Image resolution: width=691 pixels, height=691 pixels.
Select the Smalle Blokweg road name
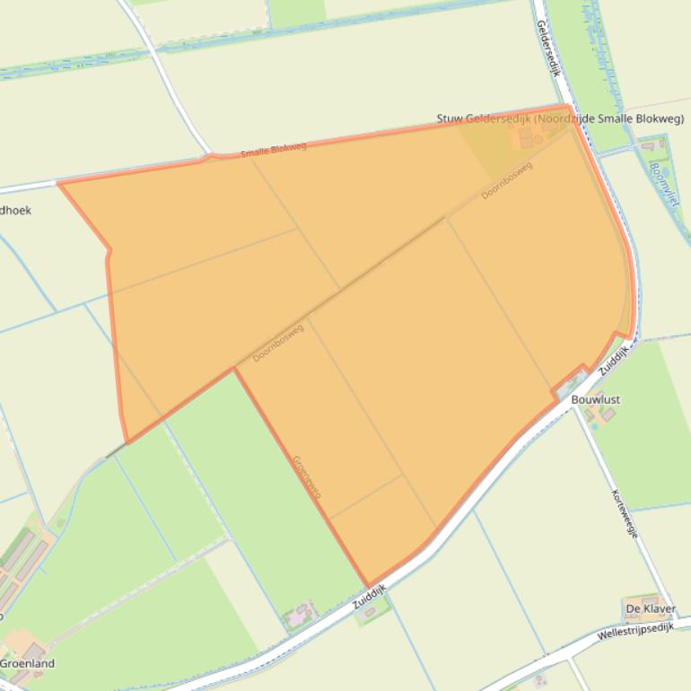coord(273,150)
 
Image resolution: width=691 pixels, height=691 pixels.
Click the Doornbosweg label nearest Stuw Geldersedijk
coord(506,180)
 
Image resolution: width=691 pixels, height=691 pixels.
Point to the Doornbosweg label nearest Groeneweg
coord(278,342)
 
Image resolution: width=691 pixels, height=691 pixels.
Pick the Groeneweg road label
coord(307,477)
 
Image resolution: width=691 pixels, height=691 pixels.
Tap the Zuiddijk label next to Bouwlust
coord(614,361)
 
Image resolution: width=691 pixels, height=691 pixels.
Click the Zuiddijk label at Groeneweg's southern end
coord(369,599)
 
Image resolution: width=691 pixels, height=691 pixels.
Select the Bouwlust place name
coord(595,399)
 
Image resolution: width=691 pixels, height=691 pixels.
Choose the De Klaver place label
coord(651,609)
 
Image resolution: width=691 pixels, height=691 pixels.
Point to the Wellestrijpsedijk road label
coord(634,636)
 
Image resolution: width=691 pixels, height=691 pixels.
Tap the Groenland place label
coord(27,664)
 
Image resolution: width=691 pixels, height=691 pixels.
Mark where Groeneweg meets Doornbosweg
coord(234,368)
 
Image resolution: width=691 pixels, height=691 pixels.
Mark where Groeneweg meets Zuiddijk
coord(368,586)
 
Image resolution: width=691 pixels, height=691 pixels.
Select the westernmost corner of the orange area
coord(58,183)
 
